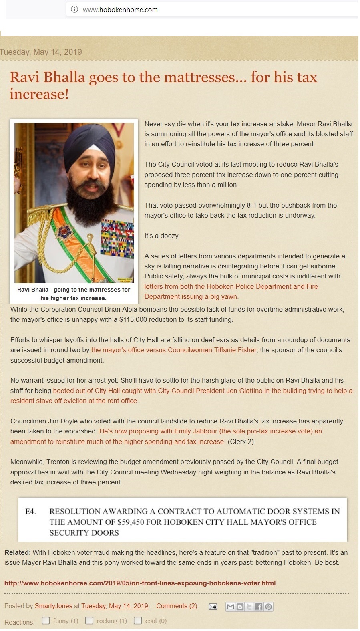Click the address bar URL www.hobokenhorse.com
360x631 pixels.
coord(120,10)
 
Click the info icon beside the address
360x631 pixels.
coord(74,10)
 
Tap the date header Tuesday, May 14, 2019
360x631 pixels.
coord(41,52)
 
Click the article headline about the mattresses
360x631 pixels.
coord(163,85)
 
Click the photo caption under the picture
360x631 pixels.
coord(74,294)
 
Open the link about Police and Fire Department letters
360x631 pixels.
coord(231,292)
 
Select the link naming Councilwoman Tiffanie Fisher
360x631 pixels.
coord(174,350)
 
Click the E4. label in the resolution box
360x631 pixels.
coord(31,512)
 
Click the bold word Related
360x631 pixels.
coord(16,552)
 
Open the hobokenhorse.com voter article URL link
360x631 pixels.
coord(140,583)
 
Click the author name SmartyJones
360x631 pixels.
coord(54,606)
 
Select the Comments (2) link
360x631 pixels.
coord(177,606)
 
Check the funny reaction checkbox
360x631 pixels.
coord(46,621)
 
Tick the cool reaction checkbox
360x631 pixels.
coord(138,621)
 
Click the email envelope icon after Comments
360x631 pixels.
coord(213,607)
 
